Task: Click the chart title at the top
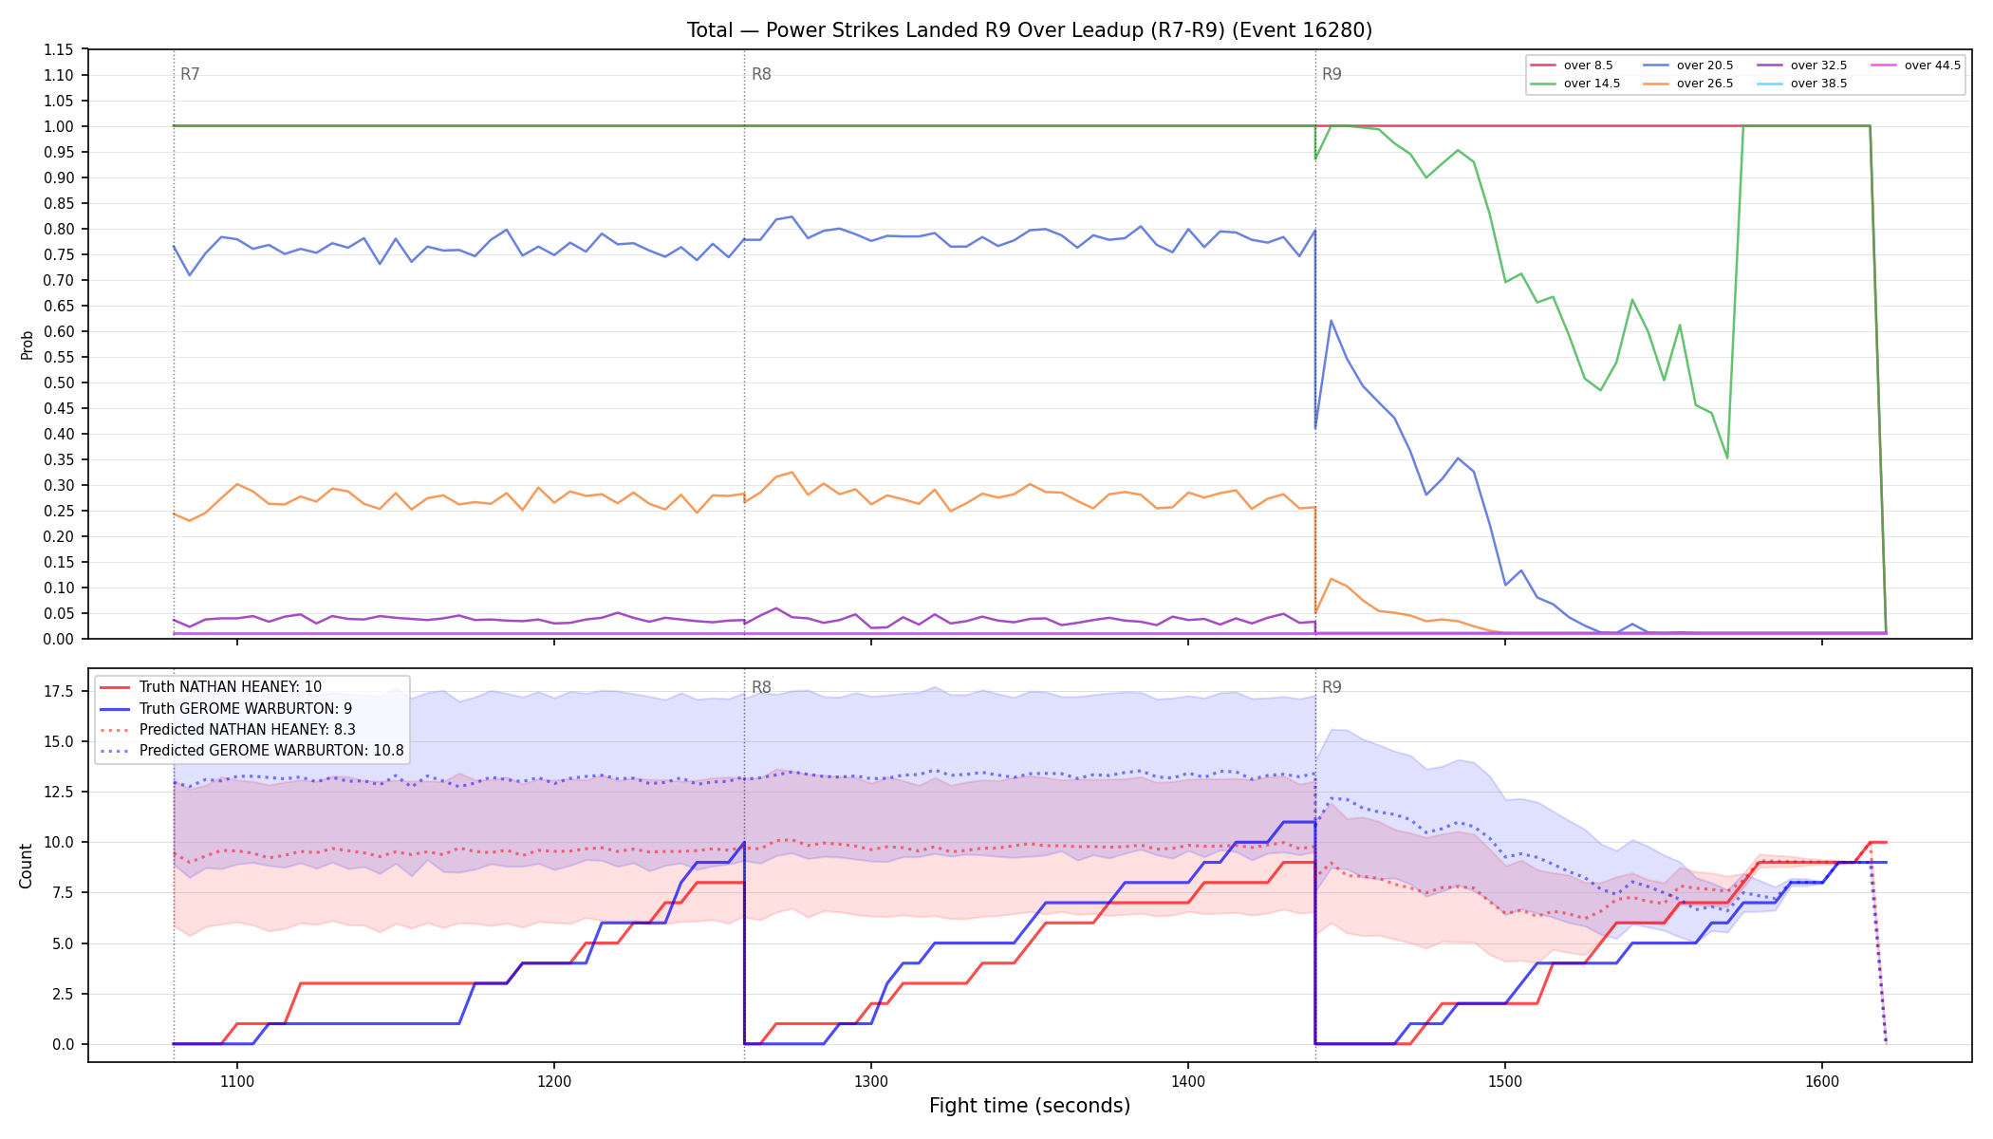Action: [x=1030, y=30]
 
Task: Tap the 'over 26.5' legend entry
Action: [x=1688, y=84]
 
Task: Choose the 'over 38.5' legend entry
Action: [x=1802, y=84]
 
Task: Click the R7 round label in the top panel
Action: [x=190, y=74]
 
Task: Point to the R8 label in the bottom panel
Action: [x=761, y=687]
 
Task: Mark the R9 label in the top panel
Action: [x=1332, y=74]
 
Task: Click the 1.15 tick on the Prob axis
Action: [x=59, y=49]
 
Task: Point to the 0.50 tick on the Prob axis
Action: [x=59, y=383]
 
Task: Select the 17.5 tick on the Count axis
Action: [x=59, y=691]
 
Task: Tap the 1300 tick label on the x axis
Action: [x=871, y=1081]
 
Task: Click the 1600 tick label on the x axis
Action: [x=1822, y=1081]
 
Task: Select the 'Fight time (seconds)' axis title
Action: [x=1030, y=1106]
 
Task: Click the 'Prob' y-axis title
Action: [x=27, y=345]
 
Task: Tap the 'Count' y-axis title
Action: [x=26, y=866]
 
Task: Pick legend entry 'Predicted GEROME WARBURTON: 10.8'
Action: [x=252, y=751]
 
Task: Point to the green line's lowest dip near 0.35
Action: [x=1727, y=458]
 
